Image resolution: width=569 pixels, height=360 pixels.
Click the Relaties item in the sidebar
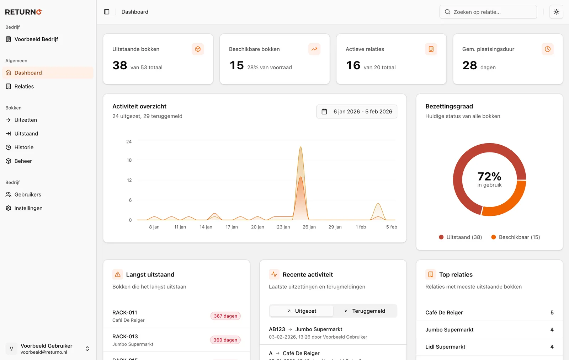coord(24,86)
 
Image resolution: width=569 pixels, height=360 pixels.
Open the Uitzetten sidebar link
coord(26,120)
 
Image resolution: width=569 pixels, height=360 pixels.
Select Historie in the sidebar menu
coord(24,147)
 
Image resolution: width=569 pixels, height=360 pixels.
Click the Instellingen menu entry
coord(28,208)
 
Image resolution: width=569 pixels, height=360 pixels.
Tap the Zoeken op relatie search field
coord(488,12)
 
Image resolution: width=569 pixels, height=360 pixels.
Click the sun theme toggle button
coord(556,12)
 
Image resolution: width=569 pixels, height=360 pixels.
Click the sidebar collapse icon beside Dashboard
coord(107,12)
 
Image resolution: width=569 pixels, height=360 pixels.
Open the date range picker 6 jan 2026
coord(357,112)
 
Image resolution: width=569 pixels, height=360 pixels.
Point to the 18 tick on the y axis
coord(129,160)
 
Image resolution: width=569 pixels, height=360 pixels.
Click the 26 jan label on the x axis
coord(309,227)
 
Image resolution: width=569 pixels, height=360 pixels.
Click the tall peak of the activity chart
coord(301,149)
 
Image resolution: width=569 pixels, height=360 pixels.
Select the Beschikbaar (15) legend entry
coord(516,237)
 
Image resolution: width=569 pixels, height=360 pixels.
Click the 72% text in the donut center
coord(489,176)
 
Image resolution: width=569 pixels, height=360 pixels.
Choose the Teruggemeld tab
coord(365,311)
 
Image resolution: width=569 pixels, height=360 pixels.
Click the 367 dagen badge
coord(225,316)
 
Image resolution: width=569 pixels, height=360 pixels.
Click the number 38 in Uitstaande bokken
coord(120,65)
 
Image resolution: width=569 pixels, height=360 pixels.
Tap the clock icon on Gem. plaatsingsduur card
coord(547,49)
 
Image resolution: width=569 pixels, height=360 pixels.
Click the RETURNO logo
coord(23,12)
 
